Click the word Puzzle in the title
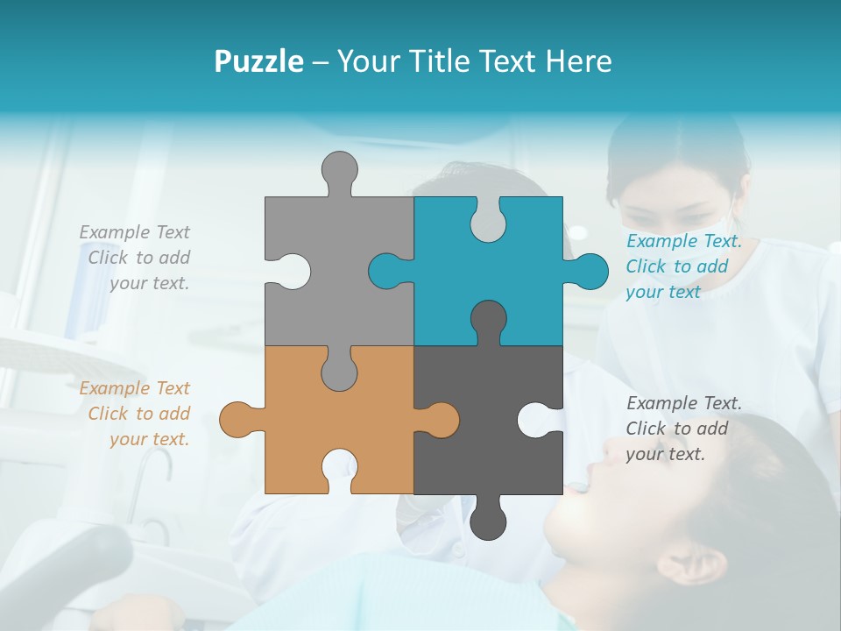(x=258, y=61)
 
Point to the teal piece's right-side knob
(x=590, y=271)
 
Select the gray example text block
(x=136, y=258)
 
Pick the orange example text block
(x=136, y=414)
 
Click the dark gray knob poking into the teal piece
(x=488, y=320)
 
